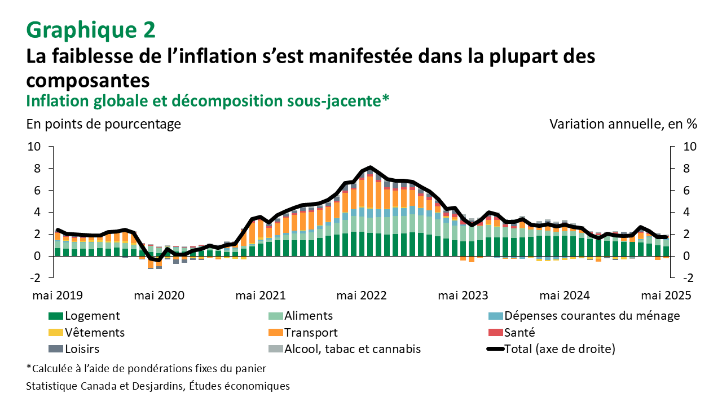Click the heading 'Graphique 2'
pyautogui.click(x=90, y=29)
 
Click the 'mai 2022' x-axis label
pyautogui.click(x=362, y=295)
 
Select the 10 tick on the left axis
pyautogui.click(x=34, y=147)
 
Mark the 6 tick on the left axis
pyautogui.click(x=37, y=191)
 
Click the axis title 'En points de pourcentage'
pyautogui.click(x=104, y=124)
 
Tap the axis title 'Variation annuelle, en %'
pyautogui.click(x=623, y=124)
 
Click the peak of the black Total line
pyautogui.click(x=370, y=167)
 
